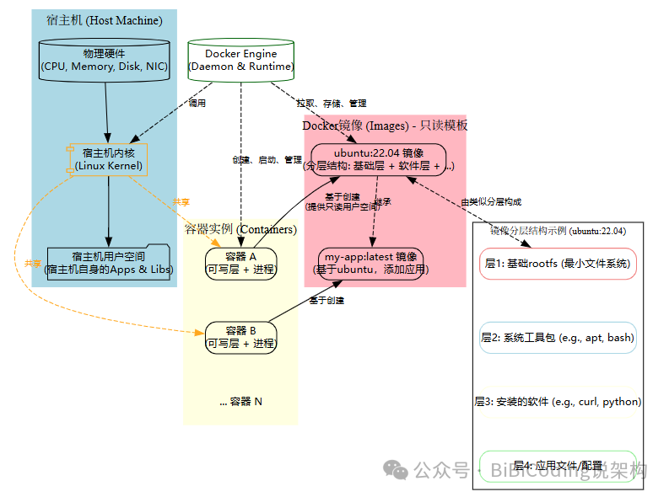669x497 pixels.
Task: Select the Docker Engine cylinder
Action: (241, 60)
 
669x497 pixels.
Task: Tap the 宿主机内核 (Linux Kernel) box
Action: (108, 159)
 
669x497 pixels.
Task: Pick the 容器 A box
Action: (241, 263)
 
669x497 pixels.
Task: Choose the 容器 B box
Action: (241, 336)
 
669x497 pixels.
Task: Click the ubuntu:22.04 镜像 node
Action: (378, 159)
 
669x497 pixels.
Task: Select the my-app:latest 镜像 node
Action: (371, 263)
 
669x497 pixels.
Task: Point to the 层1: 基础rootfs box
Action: (558, 264)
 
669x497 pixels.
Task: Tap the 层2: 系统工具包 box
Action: (558, 337)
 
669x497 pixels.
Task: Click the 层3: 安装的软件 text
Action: (558, 402)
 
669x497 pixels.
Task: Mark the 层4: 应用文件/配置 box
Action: (558, 466)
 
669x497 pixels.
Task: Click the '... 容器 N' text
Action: (241, 402)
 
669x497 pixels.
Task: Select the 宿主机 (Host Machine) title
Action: (105, 20)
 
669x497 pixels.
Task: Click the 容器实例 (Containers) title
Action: (241, 229)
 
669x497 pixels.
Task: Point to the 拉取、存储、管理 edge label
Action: (331, 104)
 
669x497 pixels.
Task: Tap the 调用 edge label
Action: (197, 104)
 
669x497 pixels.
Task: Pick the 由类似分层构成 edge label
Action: (491, 202)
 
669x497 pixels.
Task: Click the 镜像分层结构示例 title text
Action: (558, 230)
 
